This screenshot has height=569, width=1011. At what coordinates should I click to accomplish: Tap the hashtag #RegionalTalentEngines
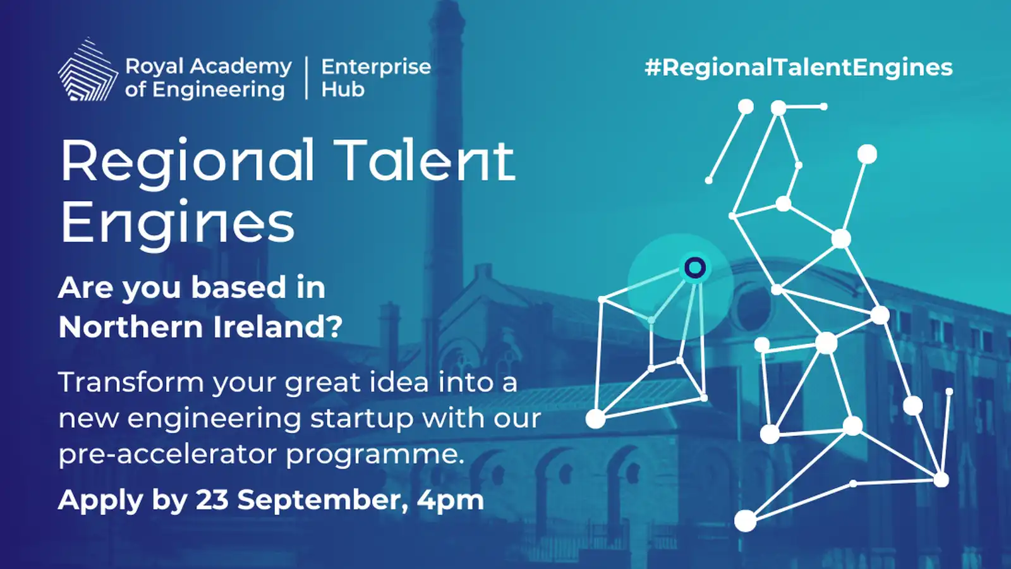(x=799, y=68)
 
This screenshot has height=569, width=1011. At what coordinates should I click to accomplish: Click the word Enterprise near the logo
(x=376, y=67)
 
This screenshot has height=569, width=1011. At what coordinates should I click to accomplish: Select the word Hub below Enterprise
(x=342, y=89)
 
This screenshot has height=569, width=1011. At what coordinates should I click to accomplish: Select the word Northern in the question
(x=131, y=326)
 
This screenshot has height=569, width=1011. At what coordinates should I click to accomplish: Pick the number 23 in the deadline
(x=212, y=500)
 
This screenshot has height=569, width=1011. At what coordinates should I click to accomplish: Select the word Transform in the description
(x=131, y=382)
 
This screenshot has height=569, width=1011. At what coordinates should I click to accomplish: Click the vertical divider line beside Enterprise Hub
(x=307, y=78)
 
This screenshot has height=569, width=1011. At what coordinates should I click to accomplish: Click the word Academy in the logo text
(x=241, y=68)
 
